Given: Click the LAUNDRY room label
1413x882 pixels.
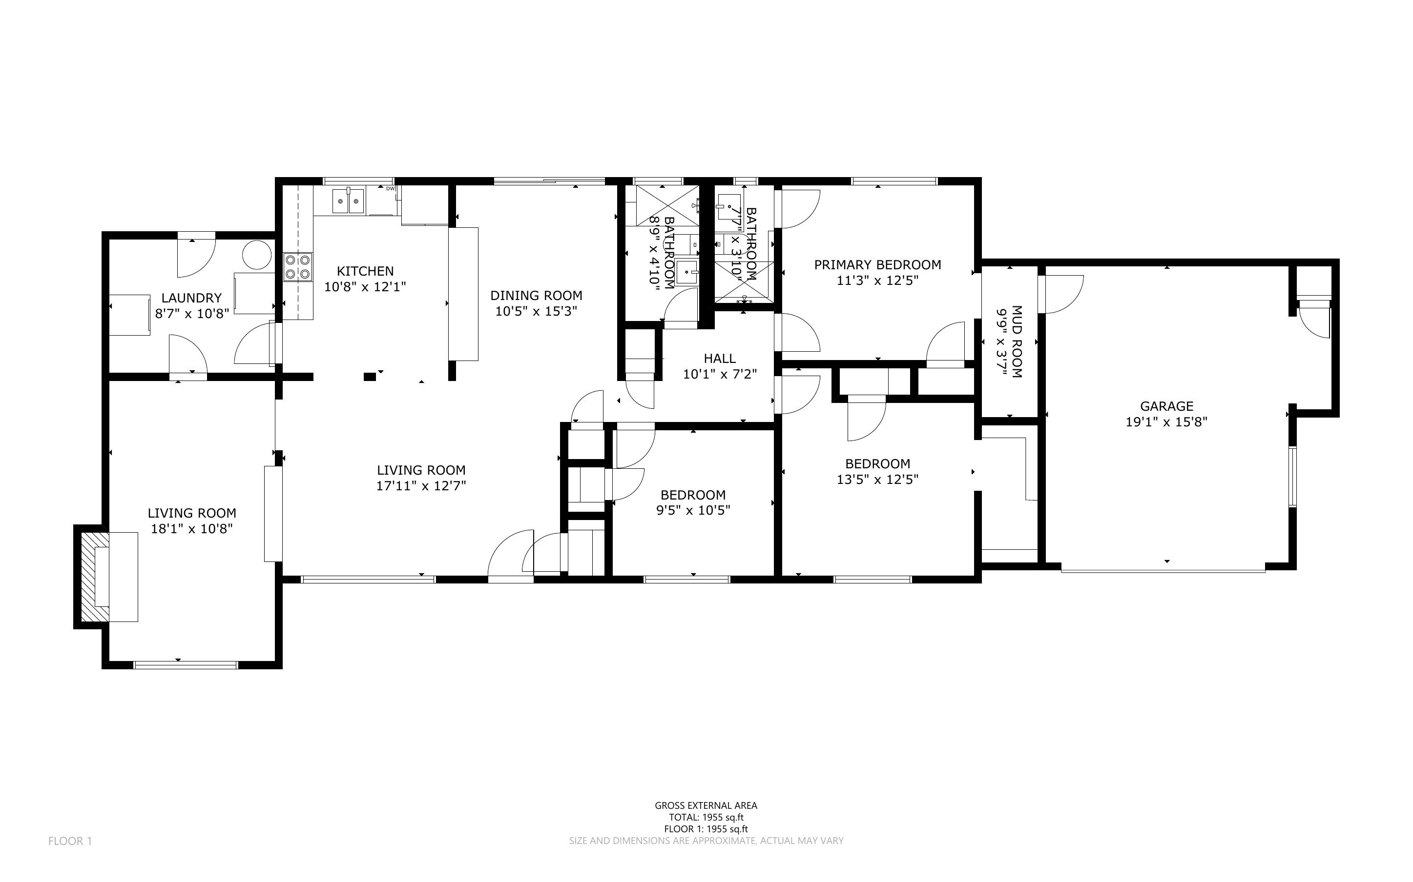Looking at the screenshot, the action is tap(191, 298).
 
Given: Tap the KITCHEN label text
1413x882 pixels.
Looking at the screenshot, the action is tap(365, 271).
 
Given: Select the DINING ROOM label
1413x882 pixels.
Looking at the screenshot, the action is tap(537, 295).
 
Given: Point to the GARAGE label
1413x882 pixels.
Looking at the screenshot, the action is tap(1167, 406).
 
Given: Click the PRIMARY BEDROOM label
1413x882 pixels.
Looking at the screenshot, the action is tap(878, 265).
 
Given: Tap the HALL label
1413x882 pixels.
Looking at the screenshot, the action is tap(720, 358).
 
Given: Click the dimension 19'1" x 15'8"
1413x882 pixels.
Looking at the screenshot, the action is tap(1167, 422).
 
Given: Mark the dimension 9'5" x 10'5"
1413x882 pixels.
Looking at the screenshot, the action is tap(693, 510).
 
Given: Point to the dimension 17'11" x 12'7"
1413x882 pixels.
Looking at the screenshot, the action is tap(421, 486).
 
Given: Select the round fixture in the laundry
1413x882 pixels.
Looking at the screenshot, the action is tap(257, 256).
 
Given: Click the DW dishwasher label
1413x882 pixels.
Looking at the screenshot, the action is tap(391, 188).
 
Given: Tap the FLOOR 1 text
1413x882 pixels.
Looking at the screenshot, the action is tap(70, 841).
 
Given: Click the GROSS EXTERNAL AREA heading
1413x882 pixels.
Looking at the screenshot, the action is tap(706, 805).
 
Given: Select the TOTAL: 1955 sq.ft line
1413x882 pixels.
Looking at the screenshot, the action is tap(706, 817).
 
